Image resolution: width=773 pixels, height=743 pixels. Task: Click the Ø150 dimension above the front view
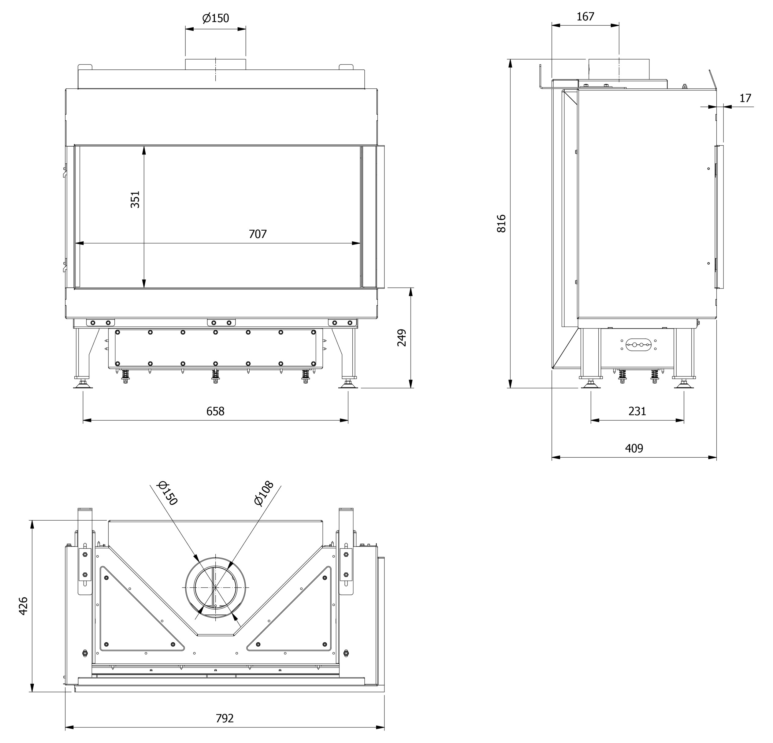(216, 18)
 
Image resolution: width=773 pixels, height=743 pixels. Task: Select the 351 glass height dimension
(135, 199)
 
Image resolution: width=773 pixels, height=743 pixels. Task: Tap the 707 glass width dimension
(258, 234)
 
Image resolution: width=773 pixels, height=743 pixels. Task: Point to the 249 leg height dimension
(401, 338)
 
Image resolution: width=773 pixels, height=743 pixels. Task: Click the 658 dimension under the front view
(215, 411)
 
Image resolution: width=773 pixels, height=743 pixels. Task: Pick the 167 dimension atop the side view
(585, 17)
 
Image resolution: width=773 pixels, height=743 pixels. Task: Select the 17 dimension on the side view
(745, 98)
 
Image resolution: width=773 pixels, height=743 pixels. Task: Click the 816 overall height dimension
(501, 223)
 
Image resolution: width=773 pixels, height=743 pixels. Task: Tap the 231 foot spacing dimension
(637, 411)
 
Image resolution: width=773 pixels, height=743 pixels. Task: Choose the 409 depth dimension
(634, 448)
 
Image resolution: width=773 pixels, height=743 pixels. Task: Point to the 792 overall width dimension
(225, 718)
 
